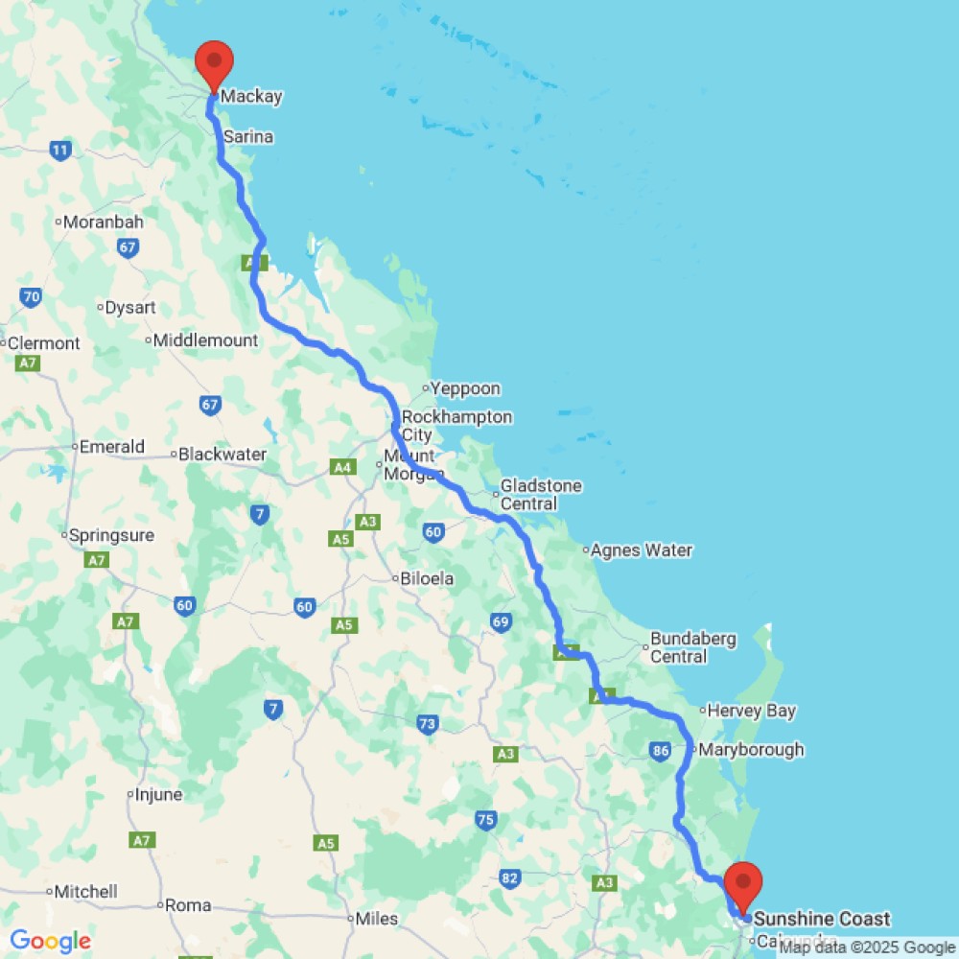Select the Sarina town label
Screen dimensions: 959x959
(248, 137)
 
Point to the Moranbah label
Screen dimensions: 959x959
(104, 222)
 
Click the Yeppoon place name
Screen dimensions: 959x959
(466, 388)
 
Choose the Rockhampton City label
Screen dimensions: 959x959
(456, 426)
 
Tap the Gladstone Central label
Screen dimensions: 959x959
(541, 495)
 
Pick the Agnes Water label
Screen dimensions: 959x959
(642, 550)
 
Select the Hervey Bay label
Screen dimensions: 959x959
(752, 711)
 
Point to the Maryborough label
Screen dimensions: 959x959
(752, 750)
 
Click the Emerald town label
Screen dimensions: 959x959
(112, 446)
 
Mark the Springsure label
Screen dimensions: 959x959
(112, 535)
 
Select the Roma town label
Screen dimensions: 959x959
(188, 904)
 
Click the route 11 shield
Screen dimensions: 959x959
(60, 150)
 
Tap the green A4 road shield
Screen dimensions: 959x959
(341, 467)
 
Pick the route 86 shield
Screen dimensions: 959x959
(659, 751)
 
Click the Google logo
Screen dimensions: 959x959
(50, 942)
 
